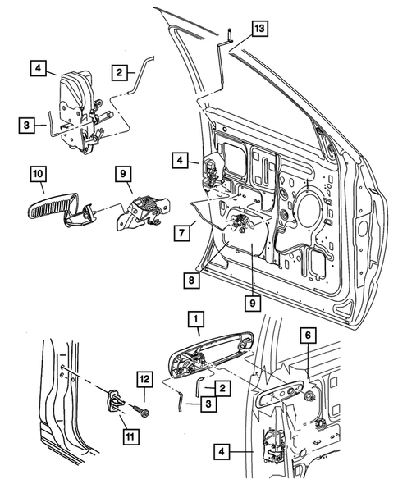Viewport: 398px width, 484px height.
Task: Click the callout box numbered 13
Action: click(x=259, y=30)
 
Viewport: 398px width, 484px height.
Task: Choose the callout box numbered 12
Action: click(x=144, y=379)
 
